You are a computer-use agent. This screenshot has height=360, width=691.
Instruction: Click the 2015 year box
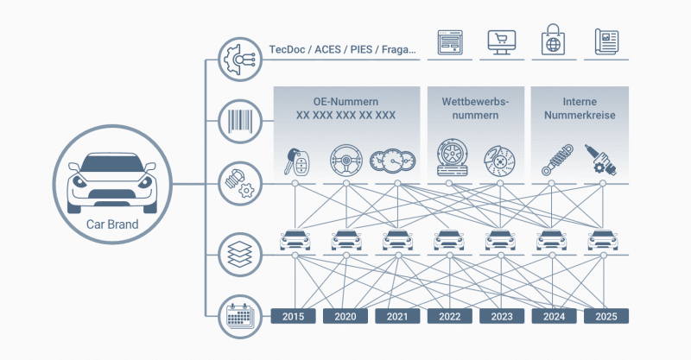(294, 317)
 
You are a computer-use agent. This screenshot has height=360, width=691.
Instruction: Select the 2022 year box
(449, 317)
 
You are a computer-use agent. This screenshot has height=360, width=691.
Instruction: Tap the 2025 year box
(605, 317)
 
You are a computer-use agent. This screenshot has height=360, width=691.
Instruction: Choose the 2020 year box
(345, 317)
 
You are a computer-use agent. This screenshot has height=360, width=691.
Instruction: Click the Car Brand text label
(111, 226)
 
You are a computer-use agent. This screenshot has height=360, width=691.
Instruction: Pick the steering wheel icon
(345, 159)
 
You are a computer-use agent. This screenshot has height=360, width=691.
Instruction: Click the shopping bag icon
(554, 41)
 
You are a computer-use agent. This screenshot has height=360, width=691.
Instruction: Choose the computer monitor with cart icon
(501, 41)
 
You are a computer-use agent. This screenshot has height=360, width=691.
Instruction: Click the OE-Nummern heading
(345, 101)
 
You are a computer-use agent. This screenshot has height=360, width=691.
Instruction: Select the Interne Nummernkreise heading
(579, 108)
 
